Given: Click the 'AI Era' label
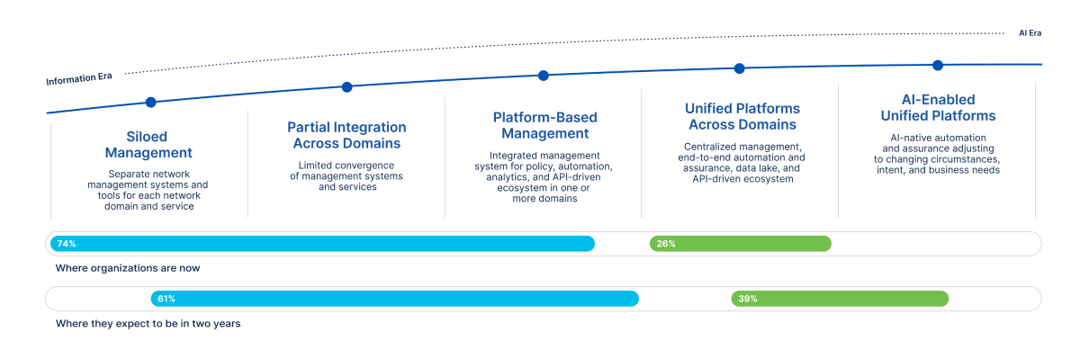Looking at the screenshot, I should coord(1030,32).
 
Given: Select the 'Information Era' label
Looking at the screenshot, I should coord(79,79).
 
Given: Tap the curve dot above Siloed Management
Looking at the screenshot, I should coord(151,103).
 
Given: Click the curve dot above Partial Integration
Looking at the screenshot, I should coord(347,87).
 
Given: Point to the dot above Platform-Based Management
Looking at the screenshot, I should coord(544,76).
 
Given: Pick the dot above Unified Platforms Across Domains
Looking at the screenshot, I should coord(740,68).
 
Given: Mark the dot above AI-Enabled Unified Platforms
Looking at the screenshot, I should coord(938,65).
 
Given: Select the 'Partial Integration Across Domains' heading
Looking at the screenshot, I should coord(346,135).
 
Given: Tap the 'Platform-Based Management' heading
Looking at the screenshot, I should coord(544,125).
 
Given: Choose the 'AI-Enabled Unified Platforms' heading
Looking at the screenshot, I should coord(938,108).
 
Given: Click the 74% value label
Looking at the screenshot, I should coord(66,244).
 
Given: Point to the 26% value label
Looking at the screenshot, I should coord(666,244).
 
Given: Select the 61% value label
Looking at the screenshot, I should coord(166,299).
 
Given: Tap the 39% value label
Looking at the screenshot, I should coord(748,299).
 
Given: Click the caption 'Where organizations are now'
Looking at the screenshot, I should coord(128,268).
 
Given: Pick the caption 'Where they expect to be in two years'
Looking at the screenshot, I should coord(148,323).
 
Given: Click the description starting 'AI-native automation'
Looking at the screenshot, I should coord(938,154).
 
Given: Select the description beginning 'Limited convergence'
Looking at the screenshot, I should coord(346,175).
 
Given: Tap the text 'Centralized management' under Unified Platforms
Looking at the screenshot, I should coord(742,147).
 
